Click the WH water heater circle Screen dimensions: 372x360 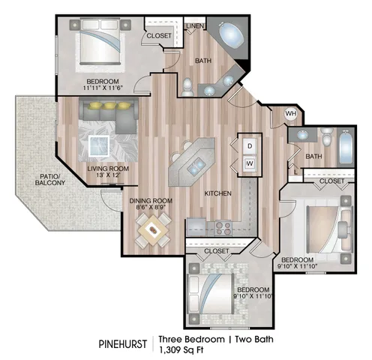coord(291,114)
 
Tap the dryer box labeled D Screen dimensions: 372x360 coord(250,146)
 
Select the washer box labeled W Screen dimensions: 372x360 coord(250,164)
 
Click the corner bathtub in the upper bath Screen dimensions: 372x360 coord(231,35)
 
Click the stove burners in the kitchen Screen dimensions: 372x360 coord(223,228)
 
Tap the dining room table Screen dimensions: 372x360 coord(152,230)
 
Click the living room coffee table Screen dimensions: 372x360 coord(99,145)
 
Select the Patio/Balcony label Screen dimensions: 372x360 coord(50,179)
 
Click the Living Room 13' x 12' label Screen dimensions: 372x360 coord(108,172)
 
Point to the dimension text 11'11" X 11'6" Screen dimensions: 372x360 coord(103,88)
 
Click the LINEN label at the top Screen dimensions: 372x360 coord(195,25)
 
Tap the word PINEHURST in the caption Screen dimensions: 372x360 coord(122,344)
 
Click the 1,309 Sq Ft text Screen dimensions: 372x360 coord(181,350)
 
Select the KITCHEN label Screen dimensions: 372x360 coord(217,193)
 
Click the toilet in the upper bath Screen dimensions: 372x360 coord(187,87)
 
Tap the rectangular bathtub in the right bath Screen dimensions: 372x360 coord(345,147)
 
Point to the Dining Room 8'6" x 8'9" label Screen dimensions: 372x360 coord(151,204)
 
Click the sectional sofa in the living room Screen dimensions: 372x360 coord(109,115)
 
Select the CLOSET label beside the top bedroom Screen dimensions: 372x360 coord(159,36)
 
